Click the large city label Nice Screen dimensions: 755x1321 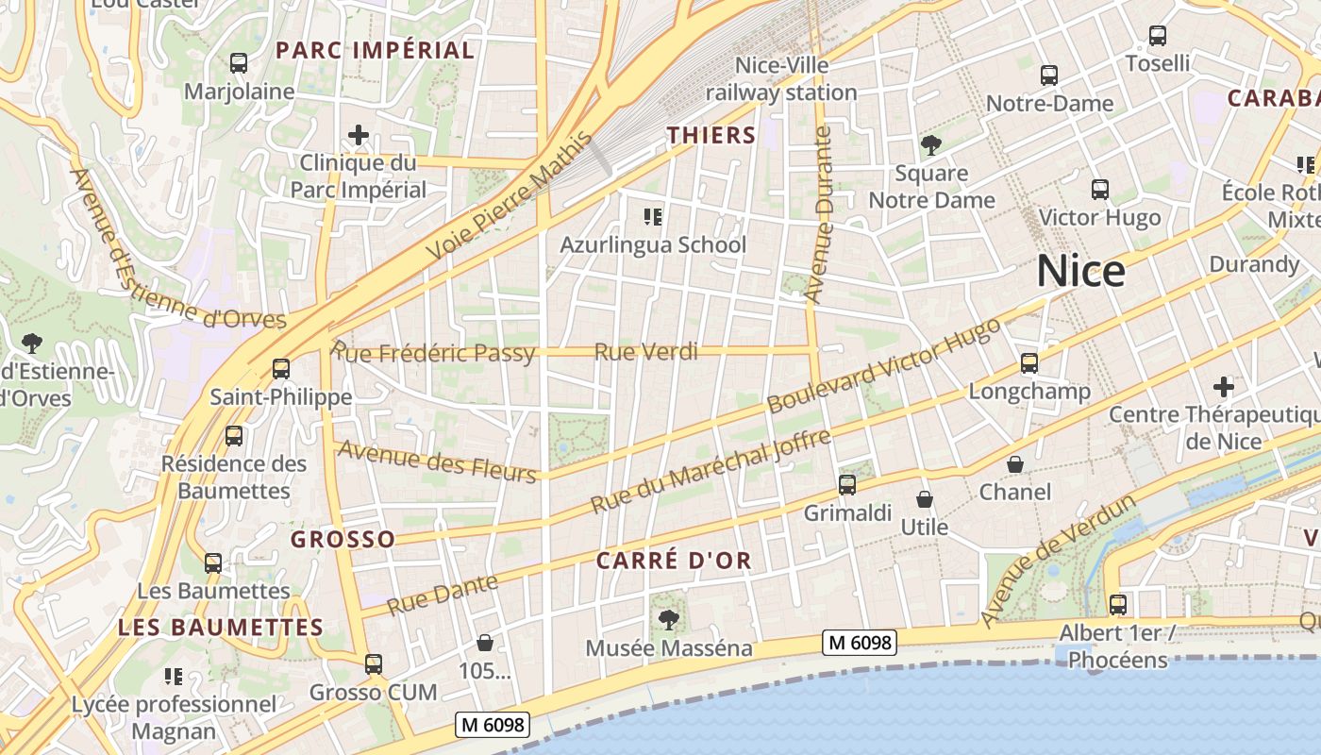pos(1080,272)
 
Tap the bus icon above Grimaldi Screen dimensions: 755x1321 pos(847,485)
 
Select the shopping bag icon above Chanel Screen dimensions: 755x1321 pos(1015,463)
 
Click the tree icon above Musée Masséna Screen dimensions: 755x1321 pos(669,620)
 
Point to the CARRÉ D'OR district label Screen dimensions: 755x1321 pos(674,561)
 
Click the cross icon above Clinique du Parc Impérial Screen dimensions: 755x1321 pos(358,135)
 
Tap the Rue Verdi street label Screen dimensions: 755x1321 pos(646,352)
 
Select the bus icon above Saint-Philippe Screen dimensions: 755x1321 pos(280,369)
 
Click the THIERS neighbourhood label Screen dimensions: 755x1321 pos(711,135)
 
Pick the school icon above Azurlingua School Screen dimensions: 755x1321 pos(652,217)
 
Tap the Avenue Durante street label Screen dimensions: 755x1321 pos(819,215)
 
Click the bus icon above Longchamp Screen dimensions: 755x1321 pos(1028,363)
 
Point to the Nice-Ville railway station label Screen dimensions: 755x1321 pos(781,79)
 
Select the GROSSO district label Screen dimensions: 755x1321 pos(343,540)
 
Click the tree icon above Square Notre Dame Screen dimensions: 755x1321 pos(931,145)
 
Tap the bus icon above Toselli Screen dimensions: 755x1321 pos(1158,36)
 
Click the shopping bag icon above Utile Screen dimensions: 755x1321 pos(925,498)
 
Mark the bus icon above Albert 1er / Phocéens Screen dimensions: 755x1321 pos(1117,605)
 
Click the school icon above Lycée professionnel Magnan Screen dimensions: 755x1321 pos(174,677)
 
